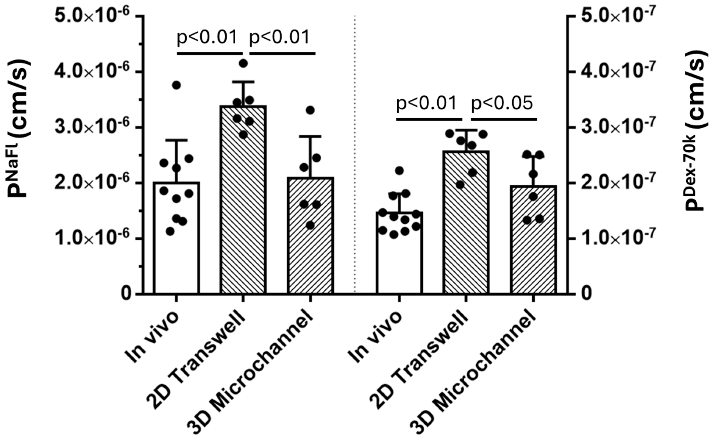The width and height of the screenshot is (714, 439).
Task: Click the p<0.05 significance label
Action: coord(502,103)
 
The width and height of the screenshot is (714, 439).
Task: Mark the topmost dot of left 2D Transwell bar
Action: coord(243,63)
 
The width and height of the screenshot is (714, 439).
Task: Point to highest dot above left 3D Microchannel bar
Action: coord(310,110)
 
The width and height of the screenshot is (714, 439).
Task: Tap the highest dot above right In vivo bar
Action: coord(399,170)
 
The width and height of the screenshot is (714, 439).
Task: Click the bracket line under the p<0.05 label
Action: coord(504,119)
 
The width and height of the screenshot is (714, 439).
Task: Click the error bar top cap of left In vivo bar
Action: coord(176,140)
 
